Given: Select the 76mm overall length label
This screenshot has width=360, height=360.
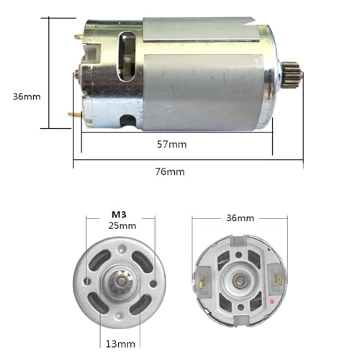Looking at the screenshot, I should (171, 171).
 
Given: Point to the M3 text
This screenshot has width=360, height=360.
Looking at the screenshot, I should (119, 215).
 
